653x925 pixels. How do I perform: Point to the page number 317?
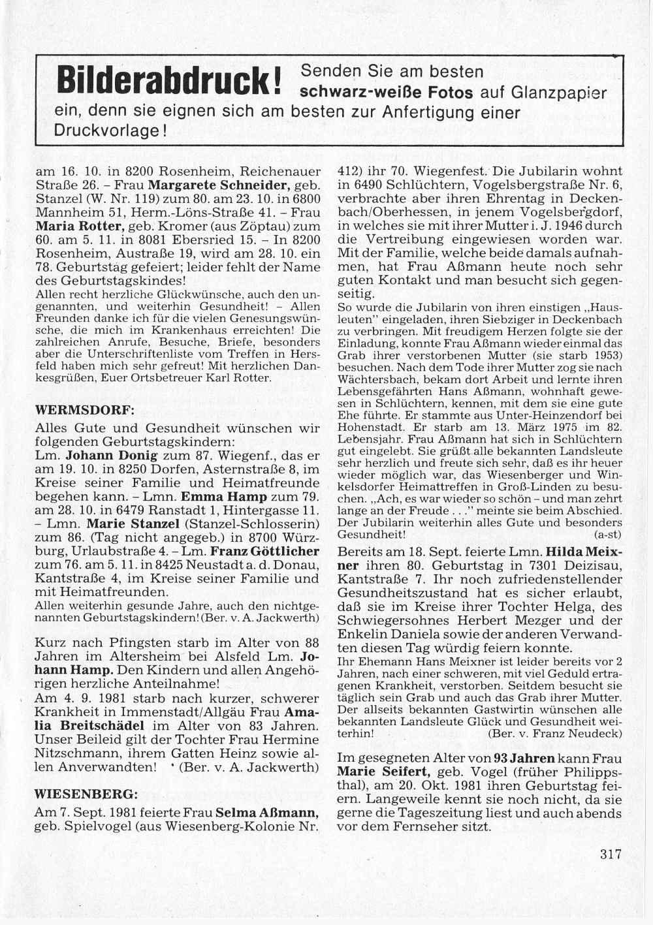611,854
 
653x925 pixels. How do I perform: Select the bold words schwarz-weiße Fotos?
387,93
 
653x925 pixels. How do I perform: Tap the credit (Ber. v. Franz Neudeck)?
554,733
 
